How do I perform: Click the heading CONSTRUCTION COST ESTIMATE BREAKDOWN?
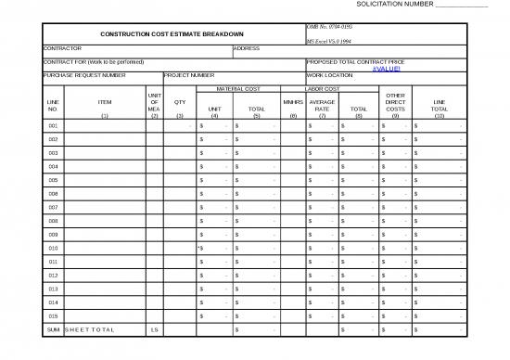(178, 34)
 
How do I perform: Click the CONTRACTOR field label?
(63, 48)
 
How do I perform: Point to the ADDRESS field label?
(246, 48)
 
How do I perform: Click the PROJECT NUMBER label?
(190, 75)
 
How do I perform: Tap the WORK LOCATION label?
(329, 75)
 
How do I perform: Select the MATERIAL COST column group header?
(237, 88)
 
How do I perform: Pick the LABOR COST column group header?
(324, 88)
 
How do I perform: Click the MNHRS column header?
(293, 102)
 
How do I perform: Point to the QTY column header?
(180, 102)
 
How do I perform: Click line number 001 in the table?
(53, 125)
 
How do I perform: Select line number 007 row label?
(53, 207)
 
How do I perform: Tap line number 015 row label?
(53, 316)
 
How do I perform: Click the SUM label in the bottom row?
(53, 330)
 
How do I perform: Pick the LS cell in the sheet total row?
(154, 330)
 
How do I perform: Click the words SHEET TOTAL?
(90, 330)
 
